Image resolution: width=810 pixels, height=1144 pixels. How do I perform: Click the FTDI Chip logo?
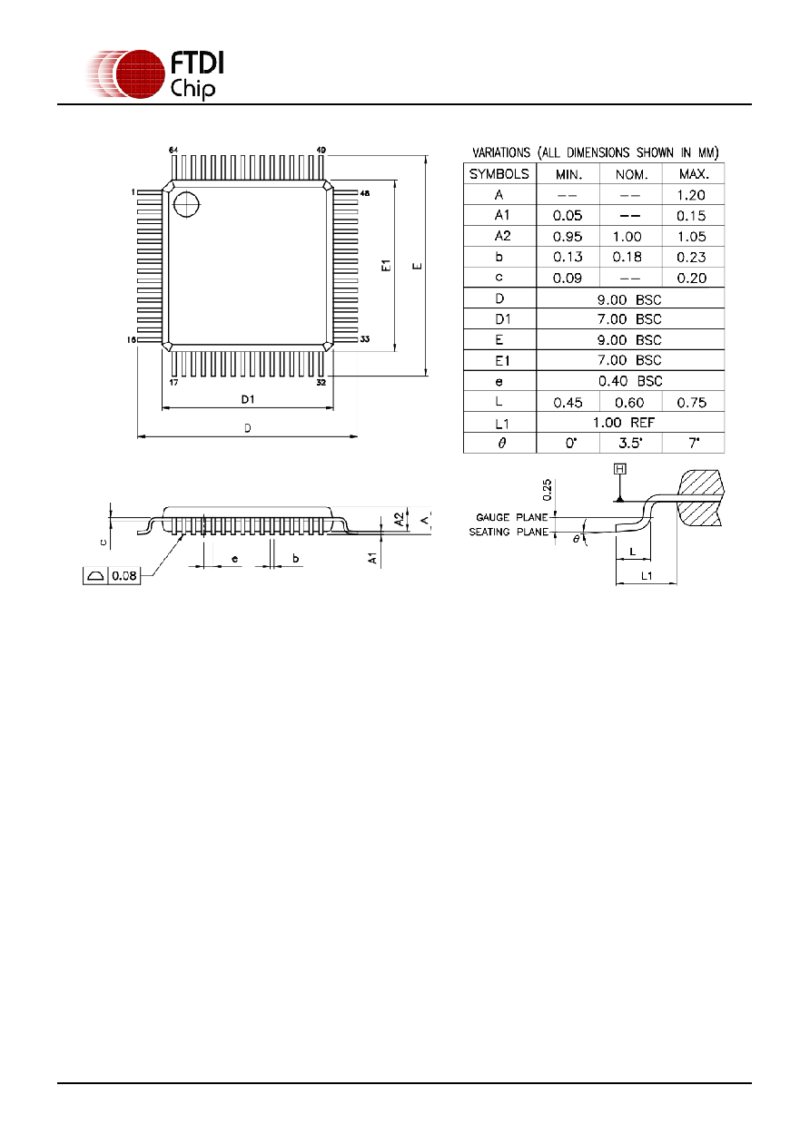click(x=155, y=74)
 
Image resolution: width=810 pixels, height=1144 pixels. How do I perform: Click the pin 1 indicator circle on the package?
click(x=186, y=204)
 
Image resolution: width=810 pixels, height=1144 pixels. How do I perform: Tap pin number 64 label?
click(x=173, y=150)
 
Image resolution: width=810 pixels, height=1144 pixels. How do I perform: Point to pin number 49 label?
click(x=321, y=150)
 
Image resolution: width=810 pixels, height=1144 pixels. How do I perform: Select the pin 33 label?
click(x=365, y=338)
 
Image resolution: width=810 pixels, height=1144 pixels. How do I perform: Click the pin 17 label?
click(x=173, y=382)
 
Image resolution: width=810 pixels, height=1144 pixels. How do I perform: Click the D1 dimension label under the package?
click(x=248, y=399)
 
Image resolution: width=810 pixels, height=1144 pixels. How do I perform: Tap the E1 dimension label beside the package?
click(x=386, y=266)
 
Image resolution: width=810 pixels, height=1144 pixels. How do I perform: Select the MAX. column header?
click(x=694, y=174)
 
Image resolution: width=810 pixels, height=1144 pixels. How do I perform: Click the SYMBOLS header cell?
click(x=499, y=174)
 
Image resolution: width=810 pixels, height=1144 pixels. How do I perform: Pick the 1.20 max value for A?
click(x=691, y=195)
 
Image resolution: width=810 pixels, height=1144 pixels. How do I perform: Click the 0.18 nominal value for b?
click(x=627, y=257)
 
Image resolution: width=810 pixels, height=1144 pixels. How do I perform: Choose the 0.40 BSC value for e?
click(x=630, y=381)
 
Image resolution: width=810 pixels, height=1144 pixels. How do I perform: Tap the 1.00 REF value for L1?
click(x=624, y=423)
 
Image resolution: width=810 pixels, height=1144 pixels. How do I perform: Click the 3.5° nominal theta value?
click(x=630, y=443)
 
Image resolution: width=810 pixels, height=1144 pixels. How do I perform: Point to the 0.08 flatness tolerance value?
click(x=124, y=575)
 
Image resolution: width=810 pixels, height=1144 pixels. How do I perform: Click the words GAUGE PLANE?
click(x=512, y=517)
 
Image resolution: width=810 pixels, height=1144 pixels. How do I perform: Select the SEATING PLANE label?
click(x=509, y=532)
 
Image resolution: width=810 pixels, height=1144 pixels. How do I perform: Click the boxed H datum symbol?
click(x=620, y=469)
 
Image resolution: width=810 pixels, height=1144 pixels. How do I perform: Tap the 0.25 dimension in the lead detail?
click(x=548, y=489)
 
